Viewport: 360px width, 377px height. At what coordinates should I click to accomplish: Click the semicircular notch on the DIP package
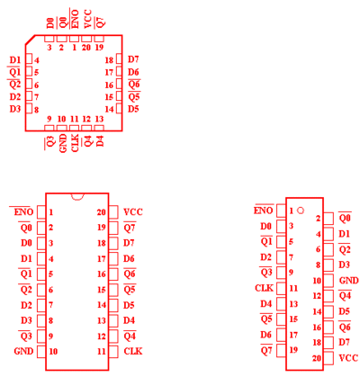(77, 198)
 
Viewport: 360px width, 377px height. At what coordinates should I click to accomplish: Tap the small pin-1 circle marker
(301, 211)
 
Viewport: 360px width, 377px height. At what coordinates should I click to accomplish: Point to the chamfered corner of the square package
(30, 40)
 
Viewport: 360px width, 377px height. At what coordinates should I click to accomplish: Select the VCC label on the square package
(87, 20)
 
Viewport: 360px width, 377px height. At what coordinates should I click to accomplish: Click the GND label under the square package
(63, 143)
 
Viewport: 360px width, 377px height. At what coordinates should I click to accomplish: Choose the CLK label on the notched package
(133, 351)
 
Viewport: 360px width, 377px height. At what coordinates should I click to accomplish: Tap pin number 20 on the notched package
(102, 212)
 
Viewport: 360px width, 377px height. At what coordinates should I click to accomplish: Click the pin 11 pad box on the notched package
(113, 352)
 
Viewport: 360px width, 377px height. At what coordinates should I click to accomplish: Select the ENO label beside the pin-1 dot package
(264, 211)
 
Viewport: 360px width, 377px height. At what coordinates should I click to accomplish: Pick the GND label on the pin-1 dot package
(348, 281)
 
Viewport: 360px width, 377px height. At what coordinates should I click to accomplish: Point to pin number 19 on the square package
(99, 47)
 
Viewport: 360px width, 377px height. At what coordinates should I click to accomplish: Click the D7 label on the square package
(133, 59)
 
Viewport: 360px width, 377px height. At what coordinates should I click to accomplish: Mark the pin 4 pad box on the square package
(29, 59)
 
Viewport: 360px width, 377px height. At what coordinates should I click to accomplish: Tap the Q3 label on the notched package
(26, 337)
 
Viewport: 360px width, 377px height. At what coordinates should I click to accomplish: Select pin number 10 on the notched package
(53, 351)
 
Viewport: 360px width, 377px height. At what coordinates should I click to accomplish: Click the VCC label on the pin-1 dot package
(348, 358)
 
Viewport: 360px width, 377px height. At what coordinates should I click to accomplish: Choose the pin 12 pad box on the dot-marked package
(328, 296)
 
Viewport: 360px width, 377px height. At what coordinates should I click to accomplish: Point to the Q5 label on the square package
(134, 97)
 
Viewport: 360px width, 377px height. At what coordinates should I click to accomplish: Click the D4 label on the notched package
(129, 320)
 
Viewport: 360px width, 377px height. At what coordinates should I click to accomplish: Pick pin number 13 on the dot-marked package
(293, 304)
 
